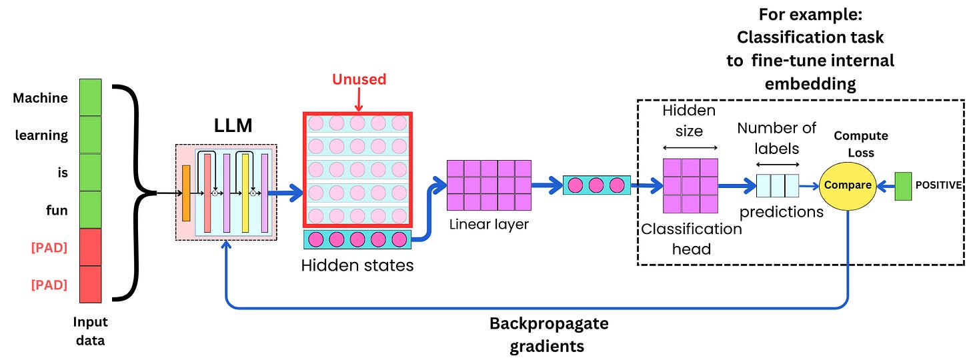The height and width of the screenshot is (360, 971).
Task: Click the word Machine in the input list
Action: [40, 98]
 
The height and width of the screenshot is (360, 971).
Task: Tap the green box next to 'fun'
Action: [90, 210]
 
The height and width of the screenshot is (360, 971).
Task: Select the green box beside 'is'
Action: [90, 173]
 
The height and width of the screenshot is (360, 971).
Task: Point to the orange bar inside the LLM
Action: [186, 193]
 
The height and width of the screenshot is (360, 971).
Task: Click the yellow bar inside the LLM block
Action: [245, 193]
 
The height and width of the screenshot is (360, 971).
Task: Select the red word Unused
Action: [359, 79]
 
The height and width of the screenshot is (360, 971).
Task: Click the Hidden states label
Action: [357, 265]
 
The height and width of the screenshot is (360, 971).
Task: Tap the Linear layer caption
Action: [488, 224]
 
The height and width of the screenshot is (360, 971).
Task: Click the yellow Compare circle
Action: [848, 185]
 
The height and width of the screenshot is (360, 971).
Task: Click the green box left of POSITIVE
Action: [903, 186]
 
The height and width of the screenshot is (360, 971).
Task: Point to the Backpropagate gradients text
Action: [548, 335]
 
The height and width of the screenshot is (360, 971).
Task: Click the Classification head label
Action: [691, 239]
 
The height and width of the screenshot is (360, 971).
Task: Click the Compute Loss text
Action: [861, 143]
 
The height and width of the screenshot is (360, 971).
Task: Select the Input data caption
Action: [90, 331]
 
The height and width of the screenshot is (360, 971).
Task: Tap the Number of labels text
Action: [777, 137]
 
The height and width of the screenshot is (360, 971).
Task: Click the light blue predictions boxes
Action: [777, 185]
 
